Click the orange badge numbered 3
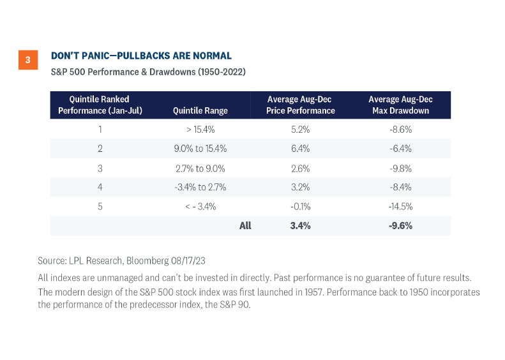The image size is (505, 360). coord(27,61)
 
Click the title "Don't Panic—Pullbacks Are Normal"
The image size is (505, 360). coord(141,56)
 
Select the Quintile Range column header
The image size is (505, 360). coord(200,110)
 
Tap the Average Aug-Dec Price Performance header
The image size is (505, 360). coord(300,105)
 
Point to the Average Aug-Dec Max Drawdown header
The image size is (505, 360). coord(400,105)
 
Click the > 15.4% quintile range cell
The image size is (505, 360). coord(200,129)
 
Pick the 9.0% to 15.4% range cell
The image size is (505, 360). coord(200,149)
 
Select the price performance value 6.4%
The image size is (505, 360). coord(300,149)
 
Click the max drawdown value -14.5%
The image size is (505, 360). coord(400,206)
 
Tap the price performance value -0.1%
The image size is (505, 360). coord(300,206)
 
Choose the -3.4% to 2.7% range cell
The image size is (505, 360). coord(200,187)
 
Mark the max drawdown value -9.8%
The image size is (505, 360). coord(400,168)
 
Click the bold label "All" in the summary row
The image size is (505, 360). coord(245,225)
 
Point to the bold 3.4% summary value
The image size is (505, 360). coord(300,225)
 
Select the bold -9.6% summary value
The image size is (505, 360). coord(400,225)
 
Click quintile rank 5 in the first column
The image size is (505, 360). coord(99,206)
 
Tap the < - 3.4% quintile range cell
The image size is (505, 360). coord(200,206)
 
